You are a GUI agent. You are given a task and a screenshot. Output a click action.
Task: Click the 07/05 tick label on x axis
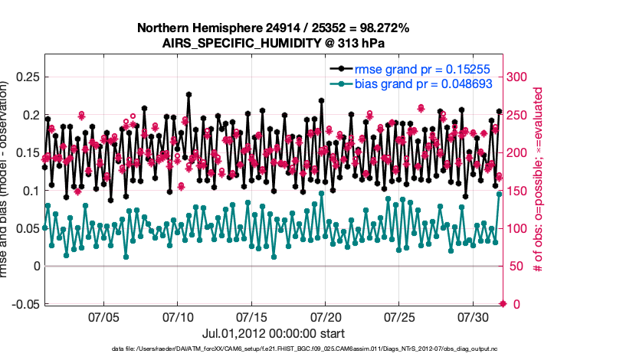point(103,316)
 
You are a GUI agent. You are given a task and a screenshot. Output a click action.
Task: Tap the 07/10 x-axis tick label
point(177,316)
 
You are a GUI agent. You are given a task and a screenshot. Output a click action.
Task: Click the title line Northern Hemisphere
point(273,28)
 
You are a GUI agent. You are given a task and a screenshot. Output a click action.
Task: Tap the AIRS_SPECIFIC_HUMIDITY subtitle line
point(273,43)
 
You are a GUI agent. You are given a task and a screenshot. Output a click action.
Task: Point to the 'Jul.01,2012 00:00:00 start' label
point(273,333)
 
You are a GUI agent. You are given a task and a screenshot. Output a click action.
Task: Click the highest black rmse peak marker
point(189,94)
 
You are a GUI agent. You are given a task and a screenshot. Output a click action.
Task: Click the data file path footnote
point(273,349)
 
